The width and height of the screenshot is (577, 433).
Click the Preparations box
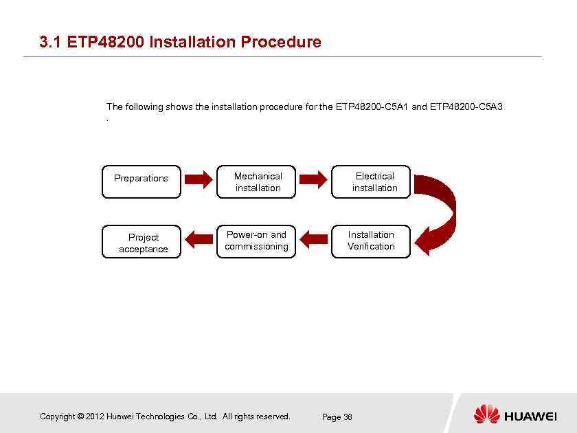141,181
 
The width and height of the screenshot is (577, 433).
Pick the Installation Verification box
371,241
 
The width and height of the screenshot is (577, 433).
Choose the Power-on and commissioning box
256,241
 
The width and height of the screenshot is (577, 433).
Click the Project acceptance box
141,242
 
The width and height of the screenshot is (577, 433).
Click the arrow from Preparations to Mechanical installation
199,179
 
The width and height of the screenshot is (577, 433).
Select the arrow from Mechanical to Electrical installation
313,179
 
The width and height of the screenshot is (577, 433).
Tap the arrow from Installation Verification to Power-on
313,239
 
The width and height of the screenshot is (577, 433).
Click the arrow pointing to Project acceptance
199,239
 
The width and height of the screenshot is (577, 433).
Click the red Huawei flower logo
486,414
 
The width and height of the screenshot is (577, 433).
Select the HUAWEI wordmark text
530,416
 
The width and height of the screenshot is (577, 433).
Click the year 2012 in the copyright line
95,417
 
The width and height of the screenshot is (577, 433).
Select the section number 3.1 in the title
51,42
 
